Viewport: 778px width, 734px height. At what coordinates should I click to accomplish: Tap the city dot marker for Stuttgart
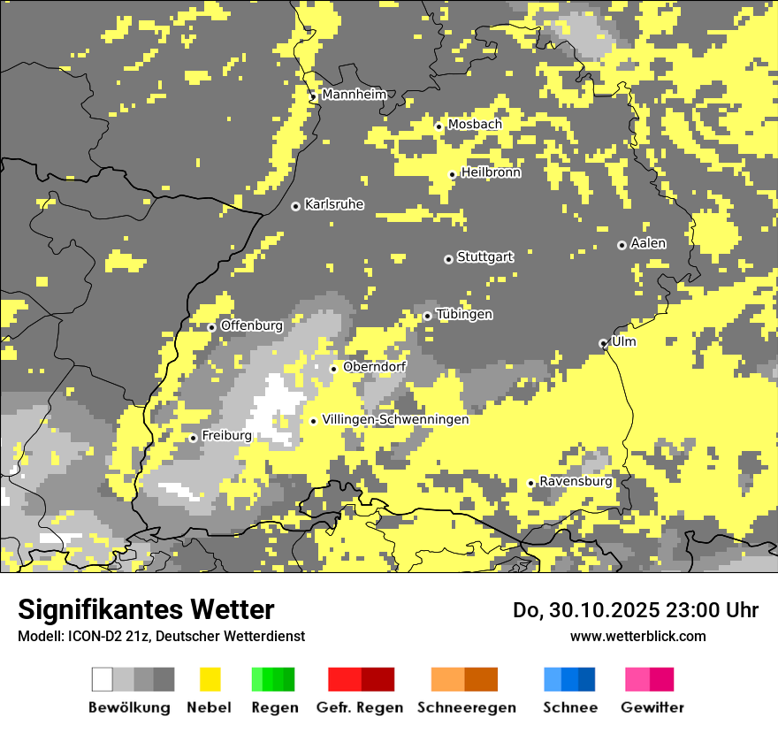click(x=448, y=259)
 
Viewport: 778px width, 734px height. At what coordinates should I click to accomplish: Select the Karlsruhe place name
click(x=333, y=204)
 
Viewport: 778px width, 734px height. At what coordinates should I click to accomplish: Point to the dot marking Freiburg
click(x=193, y=438)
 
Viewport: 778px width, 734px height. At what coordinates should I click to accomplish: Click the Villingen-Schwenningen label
click(x=395, y=420)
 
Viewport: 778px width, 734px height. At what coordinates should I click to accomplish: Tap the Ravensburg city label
click(x=576, y=482)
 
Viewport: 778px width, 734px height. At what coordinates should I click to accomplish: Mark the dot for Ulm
click(x=603, y=343)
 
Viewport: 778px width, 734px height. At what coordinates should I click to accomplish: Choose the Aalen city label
click(x=648, y=243)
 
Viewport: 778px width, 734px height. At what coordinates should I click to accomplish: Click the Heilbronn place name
click(x=491, y=172)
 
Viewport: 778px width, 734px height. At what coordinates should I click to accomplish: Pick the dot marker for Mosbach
click(x=439, y=126)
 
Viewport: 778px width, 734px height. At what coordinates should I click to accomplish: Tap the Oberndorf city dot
click(x=333, y=369)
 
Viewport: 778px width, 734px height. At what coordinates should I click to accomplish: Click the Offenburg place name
click(x=251, y=325)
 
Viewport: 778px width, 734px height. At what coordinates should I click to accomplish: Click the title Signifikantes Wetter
click(x=146, y=610)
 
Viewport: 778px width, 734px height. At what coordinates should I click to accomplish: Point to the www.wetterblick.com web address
click(x=637, y=636)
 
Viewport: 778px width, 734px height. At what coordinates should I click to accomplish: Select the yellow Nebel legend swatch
click(x=210, y=679)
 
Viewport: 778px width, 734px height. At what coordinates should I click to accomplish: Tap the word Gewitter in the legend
click(x=652, y=707)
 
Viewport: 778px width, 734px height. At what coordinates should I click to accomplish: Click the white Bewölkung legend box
click(x=103, y=679)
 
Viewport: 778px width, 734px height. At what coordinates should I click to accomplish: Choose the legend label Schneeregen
click(x=466, y=707)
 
